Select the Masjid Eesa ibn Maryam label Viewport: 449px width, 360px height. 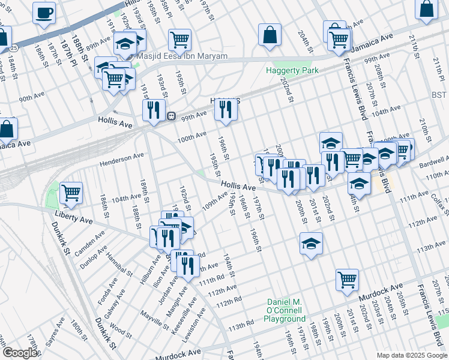point(182,56)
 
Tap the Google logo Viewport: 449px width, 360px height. point(20,353)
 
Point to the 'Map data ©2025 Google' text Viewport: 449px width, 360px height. point(411,355)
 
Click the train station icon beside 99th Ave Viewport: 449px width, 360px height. point(171,116)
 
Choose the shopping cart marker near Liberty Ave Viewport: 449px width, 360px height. point(71,193)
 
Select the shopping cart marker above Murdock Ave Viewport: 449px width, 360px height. point(347,280)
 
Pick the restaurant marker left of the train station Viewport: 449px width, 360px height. point(154,110)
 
